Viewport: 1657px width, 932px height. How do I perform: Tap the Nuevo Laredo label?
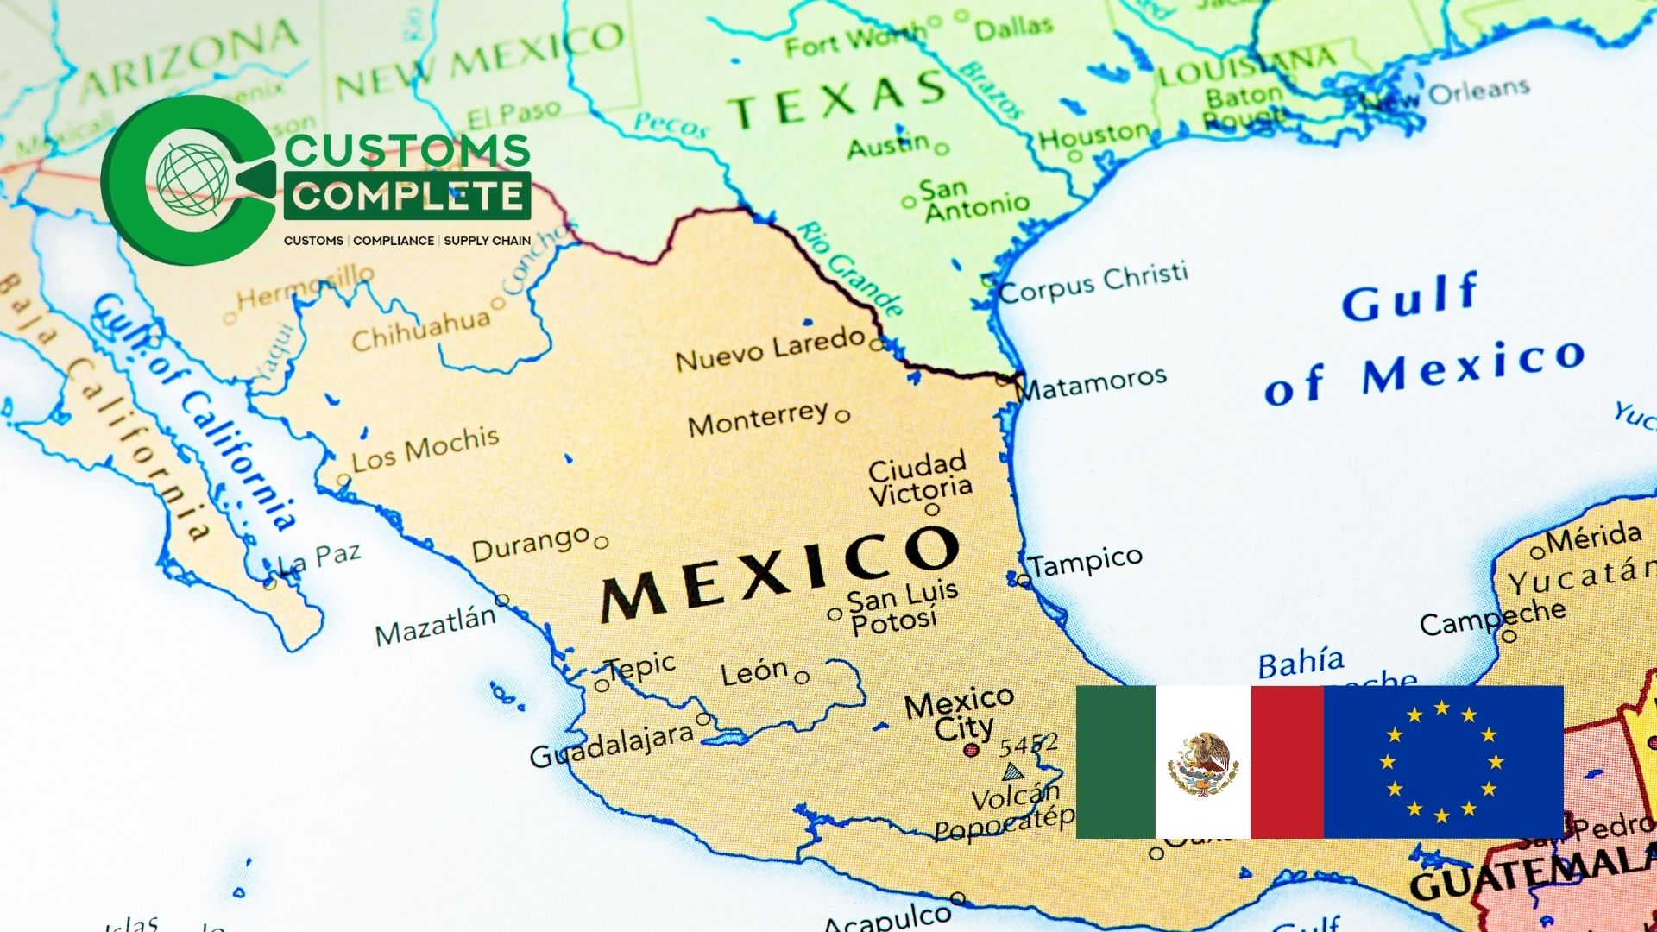(x=770, y=348)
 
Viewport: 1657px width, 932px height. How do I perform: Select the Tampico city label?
(x=1086, y=562)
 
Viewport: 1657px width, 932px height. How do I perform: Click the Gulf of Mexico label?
(x=1424, y=345)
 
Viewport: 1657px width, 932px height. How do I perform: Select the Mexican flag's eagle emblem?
(x=1202, y=764)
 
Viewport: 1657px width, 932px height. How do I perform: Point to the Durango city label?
(x=530, y=545)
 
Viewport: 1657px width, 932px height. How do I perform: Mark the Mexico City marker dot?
(x=971, y=750)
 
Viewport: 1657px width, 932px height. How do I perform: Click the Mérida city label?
(x=1593, y=538)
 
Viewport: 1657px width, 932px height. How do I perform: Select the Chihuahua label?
(x=420, y=329)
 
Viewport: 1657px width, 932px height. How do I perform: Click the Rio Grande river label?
(x=850, y=268)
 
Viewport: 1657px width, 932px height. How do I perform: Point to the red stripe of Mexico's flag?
(x=1287, y=761)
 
